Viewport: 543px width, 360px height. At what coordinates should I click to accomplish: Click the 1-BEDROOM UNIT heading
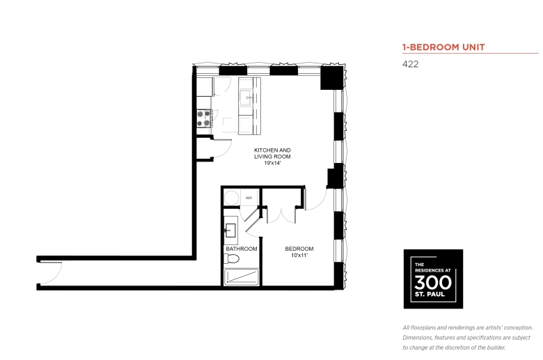tap(443, 47)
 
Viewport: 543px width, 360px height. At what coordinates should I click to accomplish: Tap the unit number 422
tap(410, 64)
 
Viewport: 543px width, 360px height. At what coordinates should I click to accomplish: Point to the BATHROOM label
tap(242, 249)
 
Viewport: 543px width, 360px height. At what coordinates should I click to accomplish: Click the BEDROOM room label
tap(299, 249)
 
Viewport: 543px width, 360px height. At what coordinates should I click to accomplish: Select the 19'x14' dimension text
tap(272, 163)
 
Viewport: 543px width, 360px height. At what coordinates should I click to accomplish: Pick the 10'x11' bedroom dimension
tap(299, 256)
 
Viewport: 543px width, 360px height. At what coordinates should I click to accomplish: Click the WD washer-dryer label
tap(249, 198)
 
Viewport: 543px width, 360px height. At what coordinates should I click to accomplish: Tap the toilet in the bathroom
tap(232, 258)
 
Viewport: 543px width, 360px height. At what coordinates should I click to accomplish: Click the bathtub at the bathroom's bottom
tap(242, 277)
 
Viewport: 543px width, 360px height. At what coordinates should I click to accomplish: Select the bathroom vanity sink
tap(230, 230)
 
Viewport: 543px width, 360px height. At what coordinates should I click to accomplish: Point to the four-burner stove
tap(204, 118)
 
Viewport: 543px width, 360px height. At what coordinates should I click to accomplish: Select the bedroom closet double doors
tap(281, 216)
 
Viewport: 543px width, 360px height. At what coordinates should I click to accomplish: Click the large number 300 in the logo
tap(433, 283)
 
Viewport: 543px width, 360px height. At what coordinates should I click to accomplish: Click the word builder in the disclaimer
tap(495, 347)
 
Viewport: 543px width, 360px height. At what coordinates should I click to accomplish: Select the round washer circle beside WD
tap(231, 198)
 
